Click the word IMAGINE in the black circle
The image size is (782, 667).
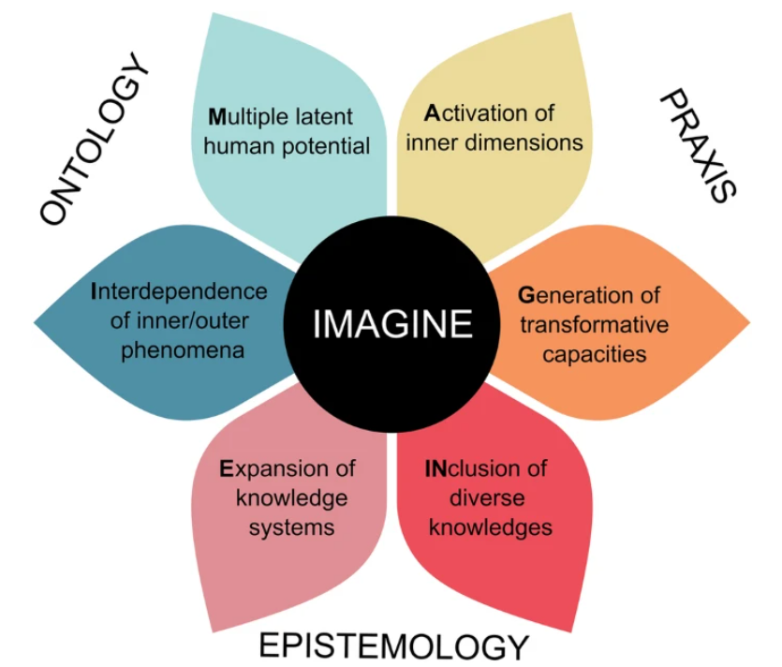click(x=392, y=324)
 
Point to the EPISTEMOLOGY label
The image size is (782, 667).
click(x=393, y=645)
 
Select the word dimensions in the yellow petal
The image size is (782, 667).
click(x=529, y=143)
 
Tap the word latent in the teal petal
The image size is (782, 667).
click(x=321, y=118)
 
